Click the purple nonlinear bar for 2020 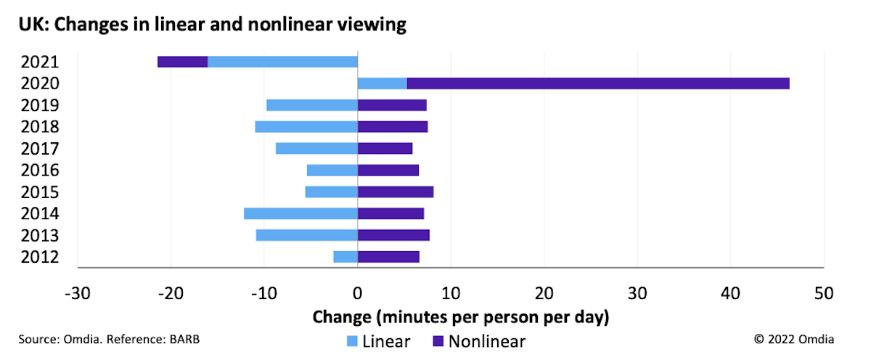598,83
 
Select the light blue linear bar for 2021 282,62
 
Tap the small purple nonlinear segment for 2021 182,62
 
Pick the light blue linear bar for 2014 300,213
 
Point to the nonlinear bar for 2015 396,192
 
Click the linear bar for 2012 345,256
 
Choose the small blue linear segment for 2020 383,83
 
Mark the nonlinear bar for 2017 385,148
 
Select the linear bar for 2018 306,127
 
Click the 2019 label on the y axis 40,105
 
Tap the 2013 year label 40,235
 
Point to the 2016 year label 40,170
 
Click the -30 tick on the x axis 77,294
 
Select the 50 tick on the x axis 823,294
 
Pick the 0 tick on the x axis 357,294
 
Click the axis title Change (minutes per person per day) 460,317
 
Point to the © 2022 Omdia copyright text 794,339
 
